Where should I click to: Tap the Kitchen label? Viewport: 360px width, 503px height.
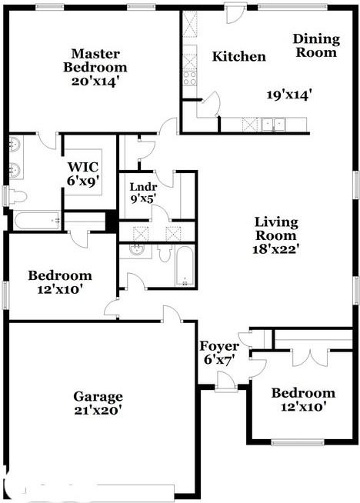tap(239, 56)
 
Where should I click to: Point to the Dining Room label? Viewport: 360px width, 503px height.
tap(315, 45)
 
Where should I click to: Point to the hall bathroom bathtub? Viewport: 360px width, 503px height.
tap(184, 267)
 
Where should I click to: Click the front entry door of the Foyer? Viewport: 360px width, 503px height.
tap(225, 379)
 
